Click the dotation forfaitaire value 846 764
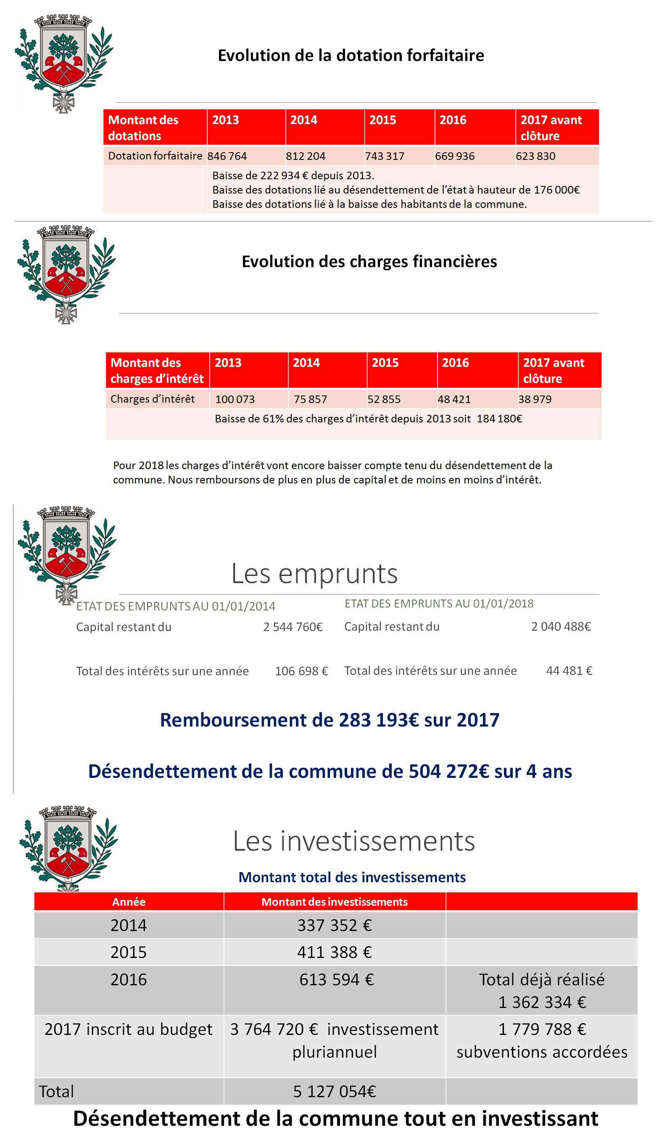point(227,156)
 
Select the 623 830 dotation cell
point(535,156)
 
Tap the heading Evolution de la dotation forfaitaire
point(351,55)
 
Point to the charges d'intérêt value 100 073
point(235,399)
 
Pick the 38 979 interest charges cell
point(535,399)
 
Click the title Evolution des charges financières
point(369,261)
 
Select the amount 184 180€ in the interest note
point(499,419)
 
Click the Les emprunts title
point(314,573)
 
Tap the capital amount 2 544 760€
point(293,627)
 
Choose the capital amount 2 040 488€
point(561,626)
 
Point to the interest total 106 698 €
point(301,671)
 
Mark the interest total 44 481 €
point(569,670)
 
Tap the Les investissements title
point(354,841)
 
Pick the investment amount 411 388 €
point(335,952)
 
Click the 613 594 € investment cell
point(336,979)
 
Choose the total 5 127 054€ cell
point(335,1091)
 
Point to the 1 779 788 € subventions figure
point(542,1029)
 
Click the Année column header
point(129,902)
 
